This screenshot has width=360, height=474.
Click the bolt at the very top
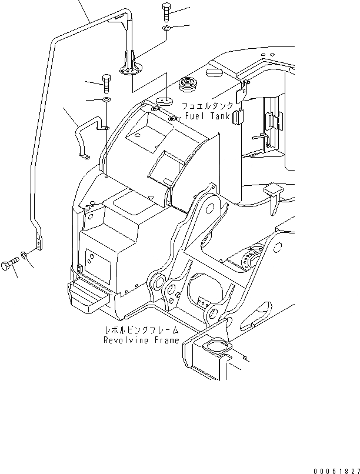point(165,12)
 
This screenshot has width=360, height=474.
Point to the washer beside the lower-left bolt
point(25,255)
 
